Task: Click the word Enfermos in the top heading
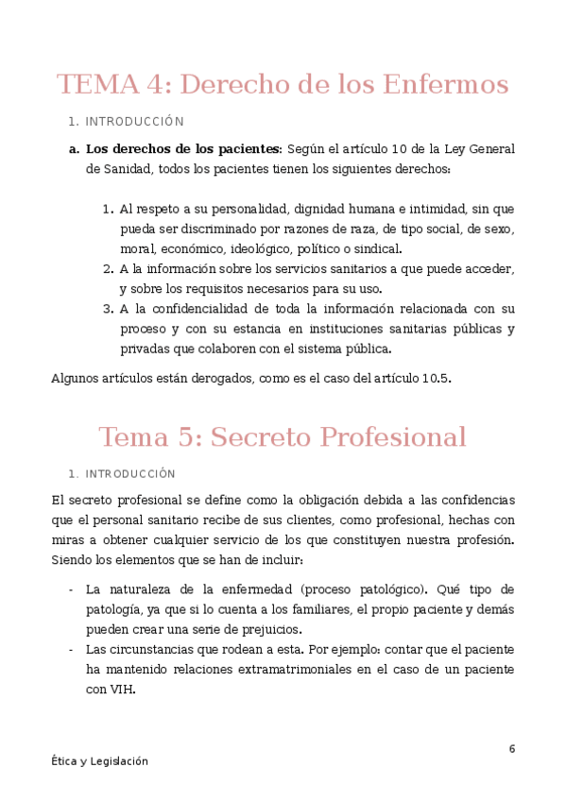[x=446, y=85]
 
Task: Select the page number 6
[x=512, y=749]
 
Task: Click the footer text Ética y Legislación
[x=100, y=761]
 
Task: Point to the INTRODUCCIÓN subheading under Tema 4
[x=134, y=122]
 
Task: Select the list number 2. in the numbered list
[x=108, y=269]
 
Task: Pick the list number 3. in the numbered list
[x=108, y=309]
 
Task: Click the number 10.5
[x=436, y=379]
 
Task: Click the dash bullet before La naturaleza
[x=71, y=589]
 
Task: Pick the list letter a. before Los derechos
[x=74, y=149]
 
